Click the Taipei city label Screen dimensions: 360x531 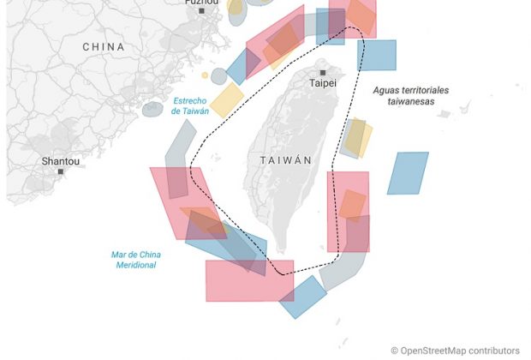(323, 84)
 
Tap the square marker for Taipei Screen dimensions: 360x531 (323, 73)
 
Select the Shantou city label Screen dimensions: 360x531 (61, 160)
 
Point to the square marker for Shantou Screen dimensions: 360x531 (61, 171)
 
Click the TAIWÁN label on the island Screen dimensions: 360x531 (285, 160)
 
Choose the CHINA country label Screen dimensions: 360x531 (103, 47)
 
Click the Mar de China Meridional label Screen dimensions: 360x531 (136, 260)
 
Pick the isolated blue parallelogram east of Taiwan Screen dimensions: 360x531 (408, 173)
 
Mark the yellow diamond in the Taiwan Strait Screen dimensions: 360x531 (228, 99)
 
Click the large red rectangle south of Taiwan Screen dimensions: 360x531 (248, 281)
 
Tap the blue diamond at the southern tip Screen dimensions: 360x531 (302, 297)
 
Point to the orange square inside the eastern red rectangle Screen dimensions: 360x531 (352, 205)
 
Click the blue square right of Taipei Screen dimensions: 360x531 (377, 55)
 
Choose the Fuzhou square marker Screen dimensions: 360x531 (201, 11)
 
